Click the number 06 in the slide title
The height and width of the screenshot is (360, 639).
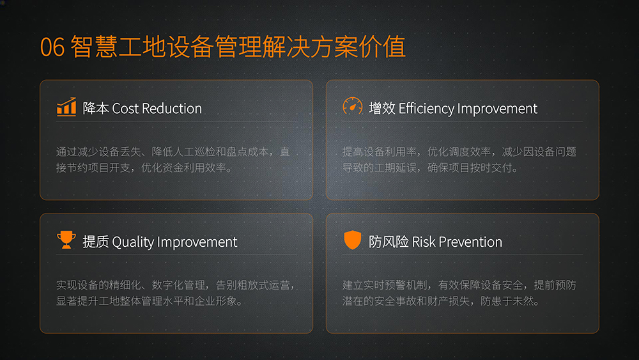tap(52, 48)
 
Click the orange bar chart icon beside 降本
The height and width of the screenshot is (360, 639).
tap(66, 107)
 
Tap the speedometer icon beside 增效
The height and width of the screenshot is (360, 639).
tap(353, 107)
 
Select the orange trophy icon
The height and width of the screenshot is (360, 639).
tap(66, 240)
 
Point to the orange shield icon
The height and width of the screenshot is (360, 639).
tap(353, 240)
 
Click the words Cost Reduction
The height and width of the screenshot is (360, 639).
tap(157, 109)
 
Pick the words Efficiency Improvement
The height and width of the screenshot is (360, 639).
tap(468, 109)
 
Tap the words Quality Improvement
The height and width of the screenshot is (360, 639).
tap(174, 242)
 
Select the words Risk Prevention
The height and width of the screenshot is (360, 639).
tap(457, 242)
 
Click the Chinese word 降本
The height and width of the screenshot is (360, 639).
tap(96, 109)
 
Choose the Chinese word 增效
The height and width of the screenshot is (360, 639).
tap(382, 109)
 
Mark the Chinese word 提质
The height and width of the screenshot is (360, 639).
tap(96, 242)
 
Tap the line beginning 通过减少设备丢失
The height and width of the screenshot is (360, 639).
tap(173, 152)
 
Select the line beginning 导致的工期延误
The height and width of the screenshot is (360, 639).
tap(430, 168)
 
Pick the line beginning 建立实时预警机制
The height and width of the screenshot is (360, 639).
tap(459, 285)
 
